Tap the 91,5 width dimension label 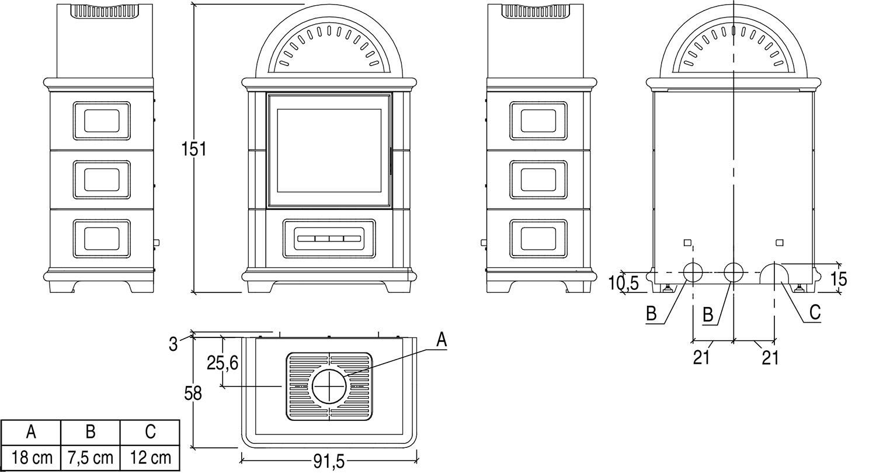[329, 462]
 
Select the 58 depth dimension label [193, 393]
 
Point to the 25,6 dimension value [223, 363]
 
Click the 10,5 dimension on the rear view [623, 284]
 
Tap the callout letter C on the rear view [815, 312]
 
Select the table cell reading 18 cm [32, 457]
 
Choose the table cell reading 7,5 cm [91, 457]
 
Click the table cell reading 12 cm [150, 457]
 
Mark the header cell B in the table [91, 432]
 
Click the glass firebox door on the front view [329, 150]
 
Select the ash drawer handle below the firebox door [329, 239]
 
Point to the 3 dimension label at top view [173, 344]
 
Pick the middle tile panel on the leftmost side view [102, 179]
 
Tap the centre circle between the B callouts [734, 272]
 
